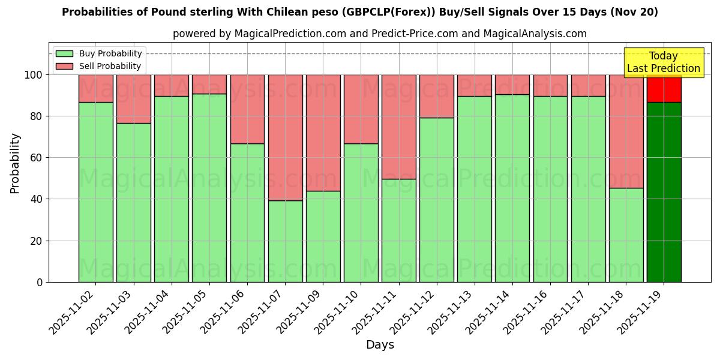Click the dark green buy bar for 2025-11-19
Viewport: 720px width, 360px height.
pyautogui.click(x=664, y=192)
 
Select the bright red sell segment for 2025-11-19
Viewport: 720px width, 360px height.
pyautogui.click(x=664, y=88)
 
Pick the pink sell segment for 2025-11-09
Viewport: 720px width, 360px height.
pyautogui.click(x=323, y=133)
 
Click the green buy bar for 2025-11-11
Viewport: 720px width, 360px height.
pyautogui.click(x=398, y=230)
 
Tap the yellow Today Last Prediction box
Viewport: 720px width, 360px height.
pyautogui.click(x=663, y=62)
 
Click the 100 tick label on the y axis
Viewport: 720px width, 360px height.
pyautogui.click(x=34, y=75)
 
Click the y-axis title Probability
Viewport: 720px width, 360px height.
pyautogui.click(x=15, y=163)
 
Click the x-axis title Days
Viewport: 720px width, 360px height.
pyautogui.click(x=380, y=345)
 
